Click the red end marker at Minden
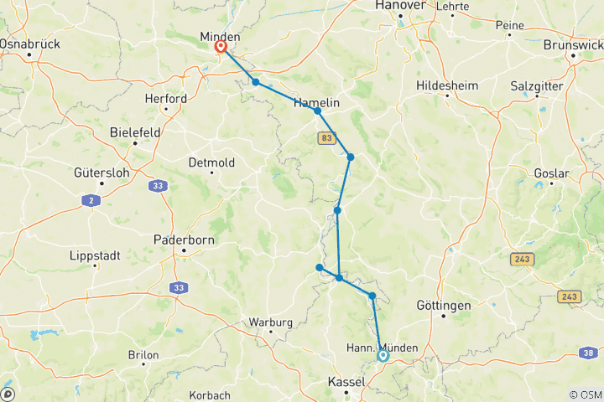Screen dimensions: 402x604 pyautogui.click(x=220, y=48)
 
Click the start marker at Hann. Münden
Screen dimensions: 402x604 pyautogui.click(x=383, y=355)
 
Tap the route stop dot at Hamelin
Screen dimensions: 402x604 pyautogui.click(x=318, y=111)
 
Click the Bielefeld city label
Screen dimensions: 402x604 pyautogui.click(x=134, y=131)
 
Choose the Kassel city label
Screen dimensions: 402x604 pyautogui.click(x=346, y=382)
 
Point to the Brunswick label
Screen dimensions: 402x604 pyautogui.click(x=573, y=44)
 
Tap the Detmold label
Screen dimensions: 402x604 pyautogui.click(x=212, y=162)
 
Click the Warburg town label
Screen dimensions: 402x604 pyautogui.click(x=270, y=322)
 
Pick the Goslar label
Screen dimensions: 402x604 pyautogui.click(x=551, y=173)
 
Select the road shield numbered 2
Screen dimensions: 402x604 pyautogui.click(x=89, y=200)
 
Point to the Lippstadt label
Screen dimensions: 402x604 pyautogui.click(x=95, y=255)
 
